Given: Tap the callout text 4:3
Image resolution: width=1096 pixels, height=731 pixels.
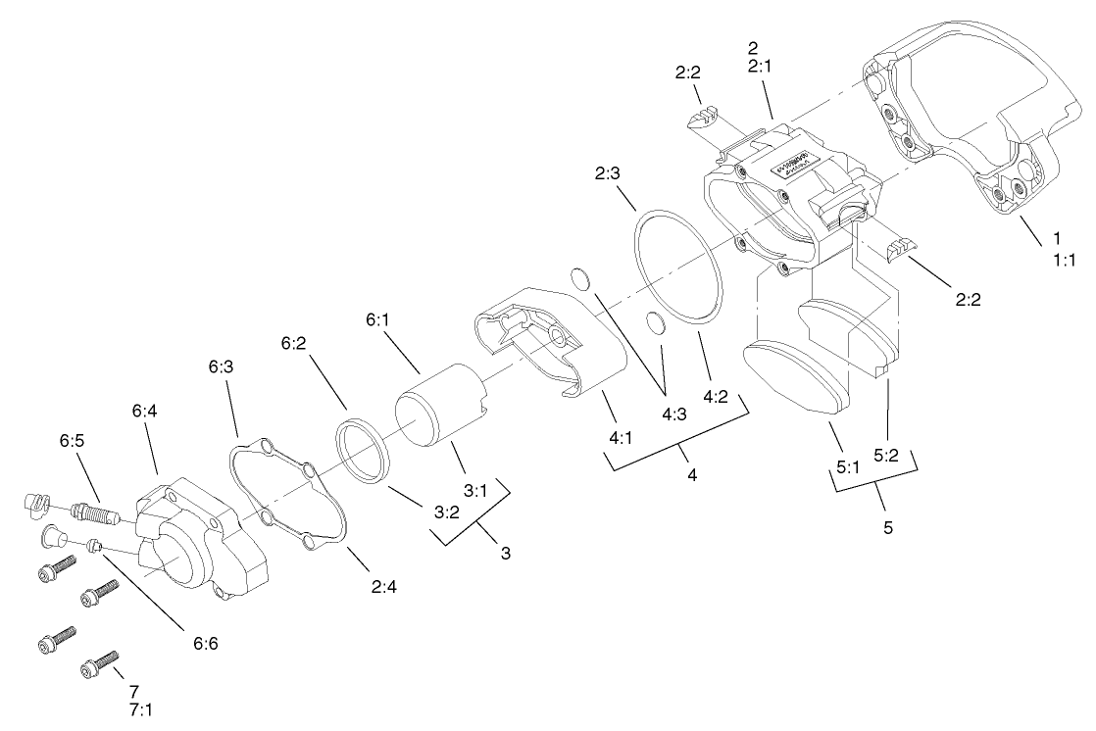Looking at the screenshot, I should [x=673, y=414].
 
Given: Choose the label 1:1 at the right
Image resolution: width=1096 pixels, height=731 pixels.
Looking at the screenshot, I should [x=1063, y=260].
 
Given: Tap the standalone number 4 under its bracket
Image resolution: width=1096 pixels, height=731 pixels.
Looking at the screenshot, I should [x=692, y=475].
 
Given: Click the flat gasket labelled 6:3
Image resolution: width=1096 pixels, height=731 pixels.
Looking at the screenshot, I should [x=288, y=494].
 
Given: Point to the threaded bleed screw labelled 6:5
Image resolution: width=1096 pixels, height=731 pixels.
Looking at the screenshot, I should [x=95, y=512].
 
